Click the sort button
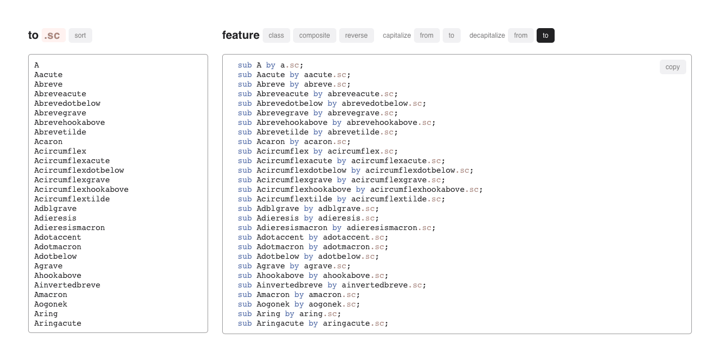(x=80, y=35)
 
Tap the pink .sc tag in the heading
(x=53, y=35)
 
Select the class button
(x=276, y=35)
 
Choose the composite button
(x=314, y=35)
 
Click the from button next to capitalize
(x=427, y=35)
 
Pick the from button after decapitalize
(x=521, y=35)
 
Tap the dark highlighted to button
(x=546, y=35)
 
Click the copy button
(x=673, y=67)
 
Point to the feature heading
(x=241, y=35)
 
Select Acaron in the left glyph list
(x=48, y=142)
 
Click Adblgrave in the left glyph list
(x=55, y=209)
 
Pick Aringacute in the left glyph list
(x=57, y=323)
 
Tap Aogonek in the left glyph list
(x=51, y=304)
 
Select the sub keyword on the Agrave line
(x=245, y=266)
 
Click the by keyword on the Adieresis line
(x=309, y=218)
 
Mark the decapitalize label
(x=487, y=35)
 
